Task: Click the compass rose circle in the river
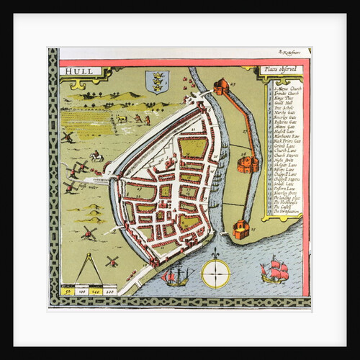(x=215, y=274)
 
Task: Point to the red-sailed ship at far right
(x=275, y=271)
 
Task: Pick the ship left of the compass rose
(x=174, y=275)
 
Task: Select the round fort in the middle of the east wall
(x=247, y=164)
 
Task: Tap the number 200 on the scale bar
(x=109, y=292)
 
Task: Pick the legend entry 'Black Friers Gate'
(x=284, y=140)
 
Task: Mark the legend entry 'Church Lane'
(x=282, y=151)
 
